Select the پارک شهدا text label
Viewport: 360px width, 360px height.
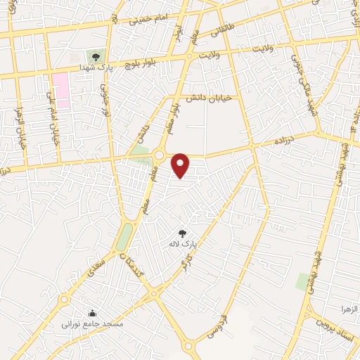pos(105,68)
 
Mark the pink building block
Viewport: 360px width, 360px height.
pos(60,89)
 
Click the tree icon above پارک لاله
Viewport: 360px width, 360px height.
pos(183,233)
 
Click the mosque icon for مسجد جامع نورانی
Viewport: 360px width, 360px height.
pos(91,313)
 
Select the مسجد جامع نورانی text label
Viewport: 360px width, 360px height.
pos(93,325)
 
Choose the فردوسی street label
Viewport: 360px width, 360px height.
pos(219,325)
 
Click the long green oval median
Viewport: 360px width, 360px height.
pos(124,236)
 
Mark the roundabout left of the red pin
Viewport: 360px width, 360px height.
pos(159,155)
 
